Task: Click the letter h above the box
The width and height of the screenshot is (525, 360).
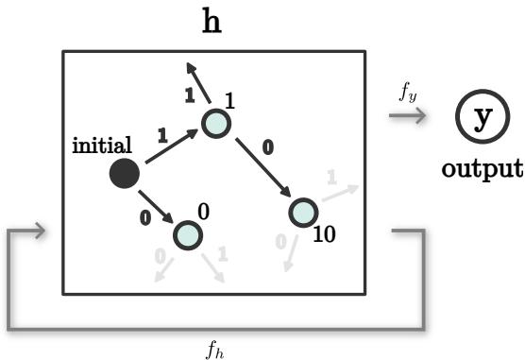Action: pyautogui.click(x=212, y=21)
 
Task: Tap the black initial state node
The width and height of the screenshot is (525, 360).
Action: pyautogui.click(x=124, y=174)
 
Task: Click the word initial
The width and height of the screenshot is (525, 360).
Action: pyautogui.click(x=102, y=146)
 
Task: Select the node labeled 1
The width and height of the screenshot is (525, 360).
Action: pyautogui.click(x=217, y=124)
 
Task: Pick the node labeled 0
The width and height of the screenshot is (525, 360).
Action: pyautogui.click(x=188, y=234)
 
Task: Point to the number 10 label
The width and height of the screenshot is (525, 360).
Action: pyautogui.click(x=323, y=234)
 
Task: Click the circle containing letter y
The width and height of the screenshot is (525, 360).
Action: pyautogui.click(x=482, y=118)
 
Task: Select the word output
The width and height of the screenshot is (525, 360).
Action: pyautogui.click(x=482, y=169)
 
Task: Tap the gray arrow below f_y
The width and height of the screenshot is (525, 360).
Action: pyautogui.click(x=409, y=116)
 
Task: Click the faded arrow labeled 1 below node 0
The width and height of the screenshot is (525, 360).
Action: pyautogui.click(x=216, y=266)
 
